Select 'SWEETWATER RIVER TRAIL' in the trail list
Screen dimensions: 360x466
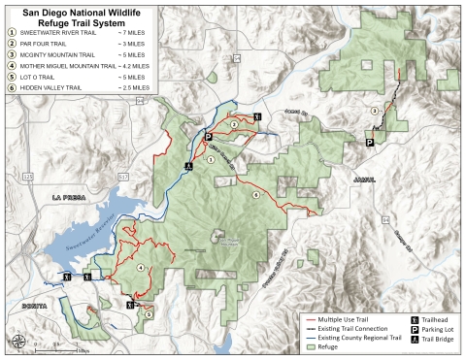[x=60, y=33]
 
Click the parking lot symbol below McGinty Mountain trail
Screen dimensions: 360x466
[x=369, y=142]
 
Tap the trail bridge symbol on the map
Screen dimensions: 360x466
[x=191, y=165]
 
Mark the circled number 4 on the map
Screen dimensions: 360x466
[x=141, y=267]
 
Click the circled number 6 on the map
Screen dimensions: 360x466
[x=255, y=195]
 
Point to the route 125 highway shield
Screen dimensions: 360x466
[x=28, y=177]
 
